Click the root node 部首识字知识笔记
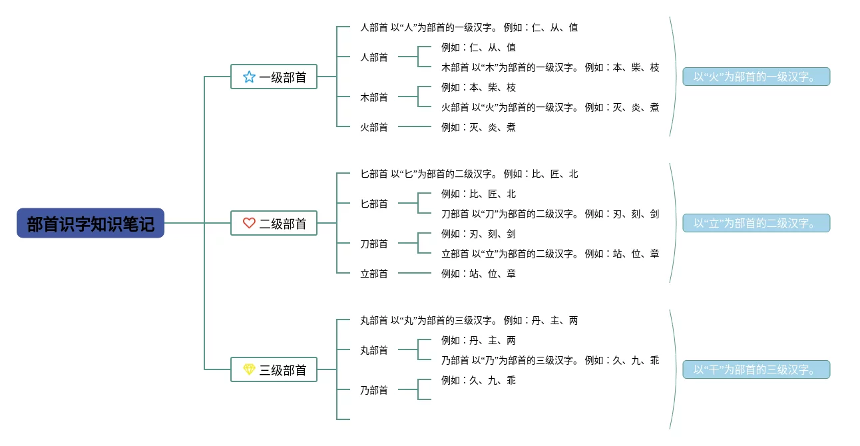point(91,224)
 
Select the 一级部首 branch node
point(274,77)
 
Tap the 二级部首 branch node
point(274,223)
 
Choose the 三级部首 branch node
point(274,369)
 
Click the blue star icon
point(249,77)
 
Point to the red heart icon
point(249,223)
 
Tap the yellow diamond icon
point(249,369)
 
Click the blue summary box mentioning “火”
point(756,77)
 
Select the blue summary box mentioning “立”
point(756,223)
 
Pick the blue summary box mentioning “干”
point(756,369)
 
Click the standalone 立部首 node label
point(374,274)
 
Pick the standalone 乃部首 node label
point(374,390)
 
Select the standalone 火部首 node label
point(374,127)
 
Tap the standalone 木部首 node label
point(374,97)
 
